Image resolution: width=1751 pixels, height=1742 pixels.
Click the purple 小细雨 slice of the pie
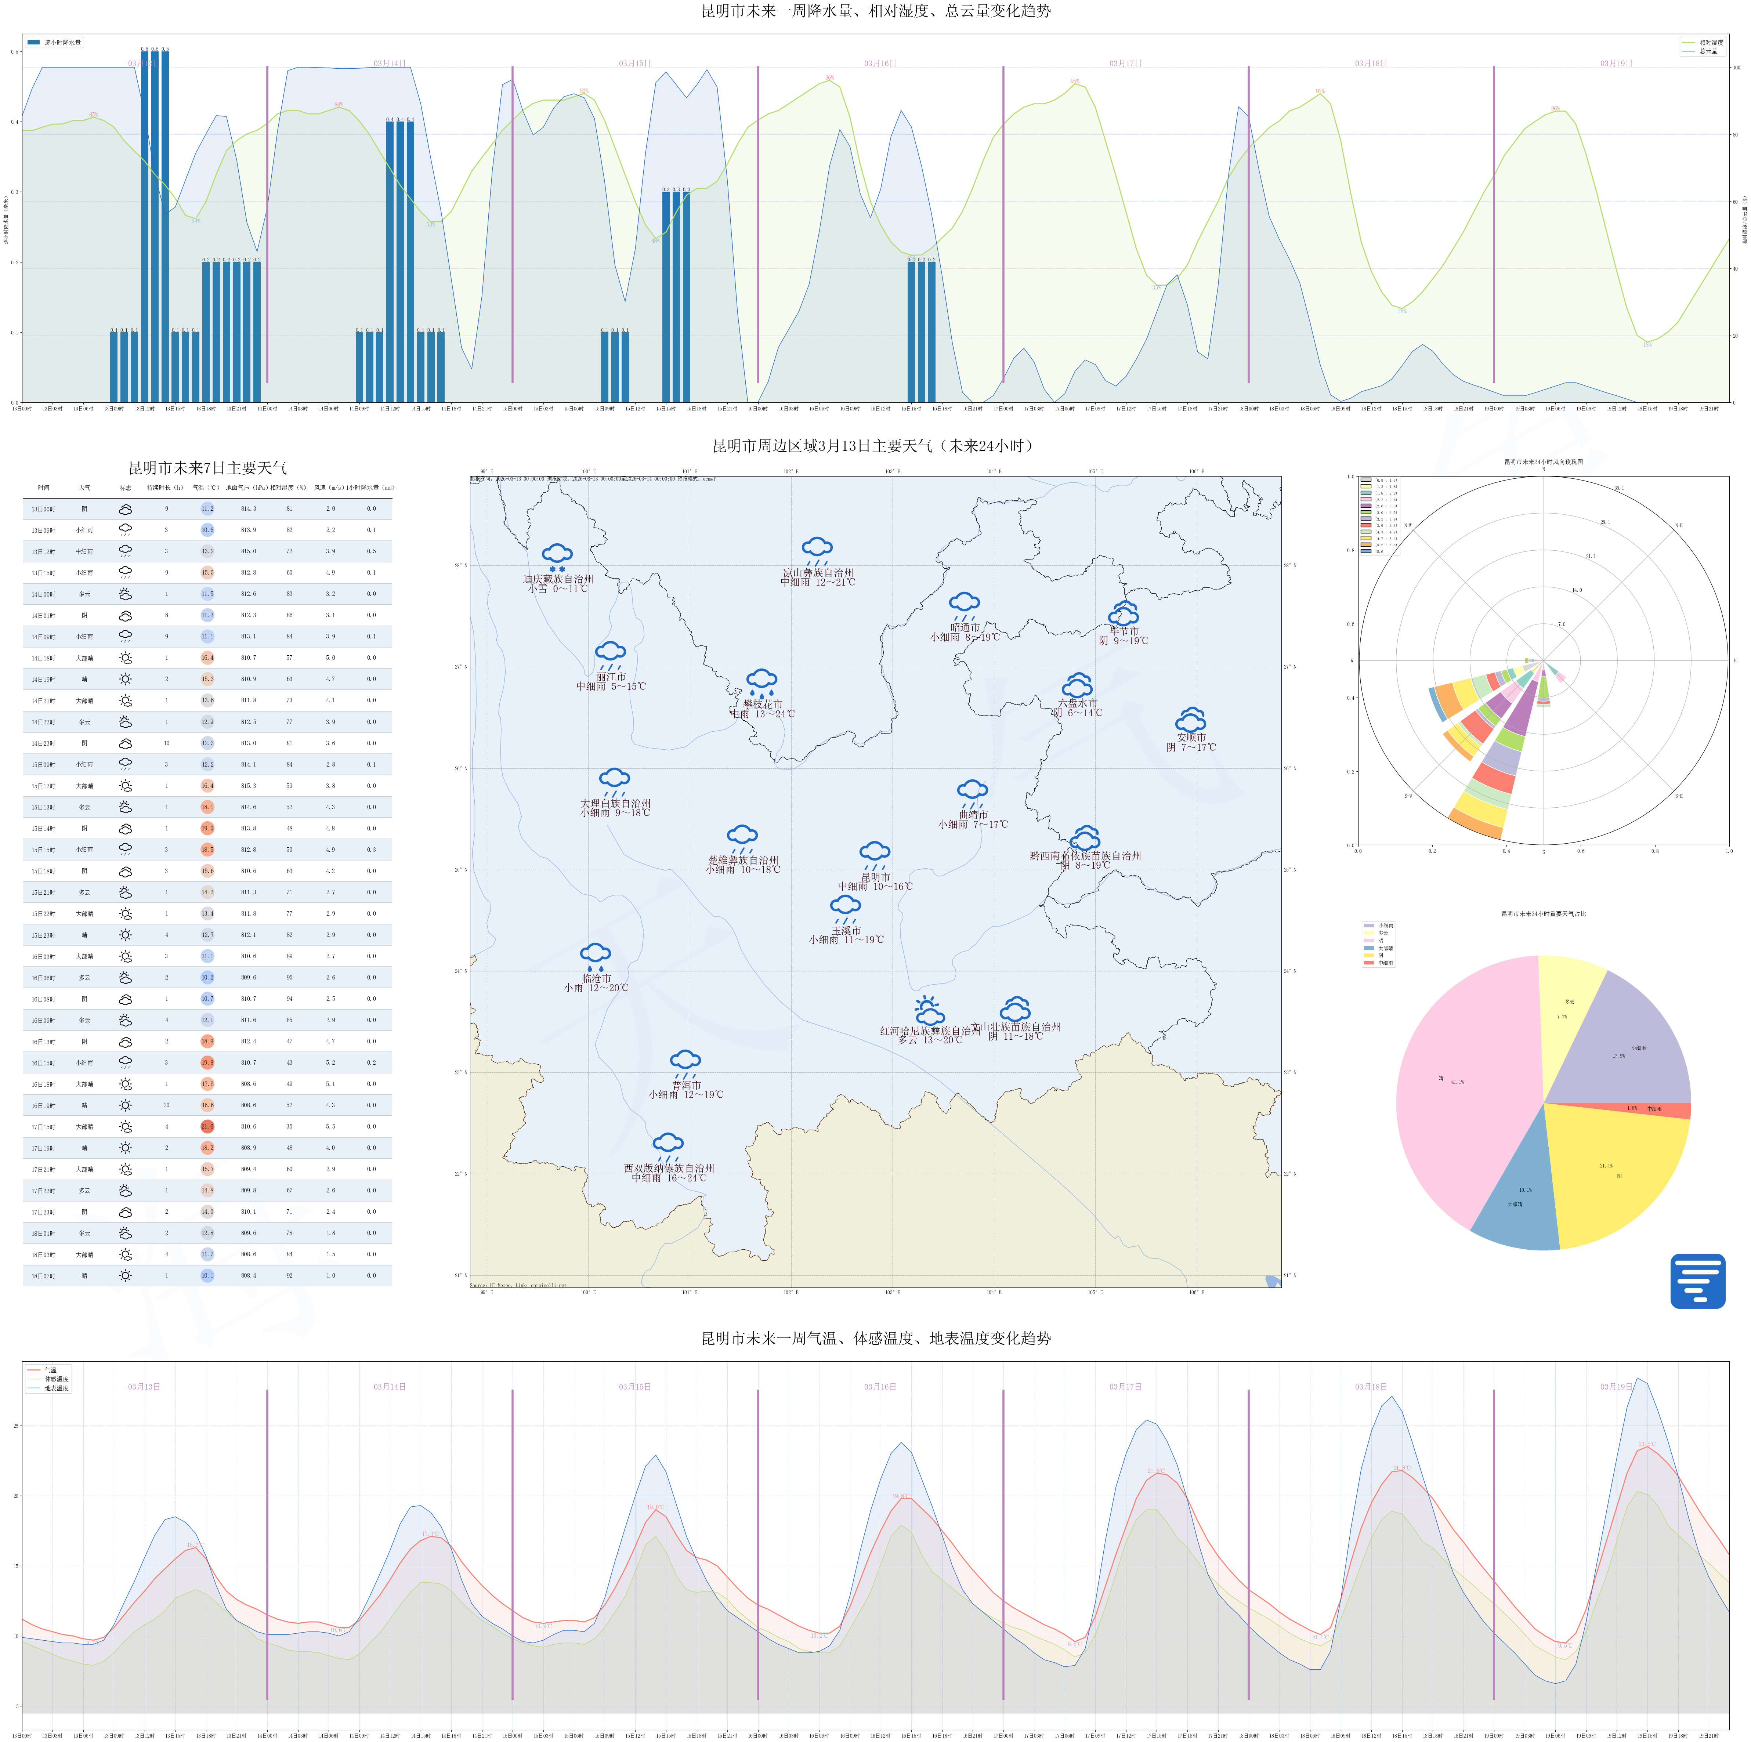(1622, 1042)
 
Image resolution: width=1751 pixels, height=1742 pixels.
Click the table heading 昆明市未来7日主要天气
(207, 468)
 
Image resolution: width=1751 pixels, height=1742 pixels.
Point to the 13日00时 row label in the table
(43, 508)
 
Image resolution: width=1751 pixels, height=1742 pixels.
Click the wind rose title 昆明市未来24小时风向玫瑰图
(1544, 461)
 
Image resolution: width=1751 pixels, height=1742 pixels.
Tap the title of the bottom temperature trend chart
(875, 1338)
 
